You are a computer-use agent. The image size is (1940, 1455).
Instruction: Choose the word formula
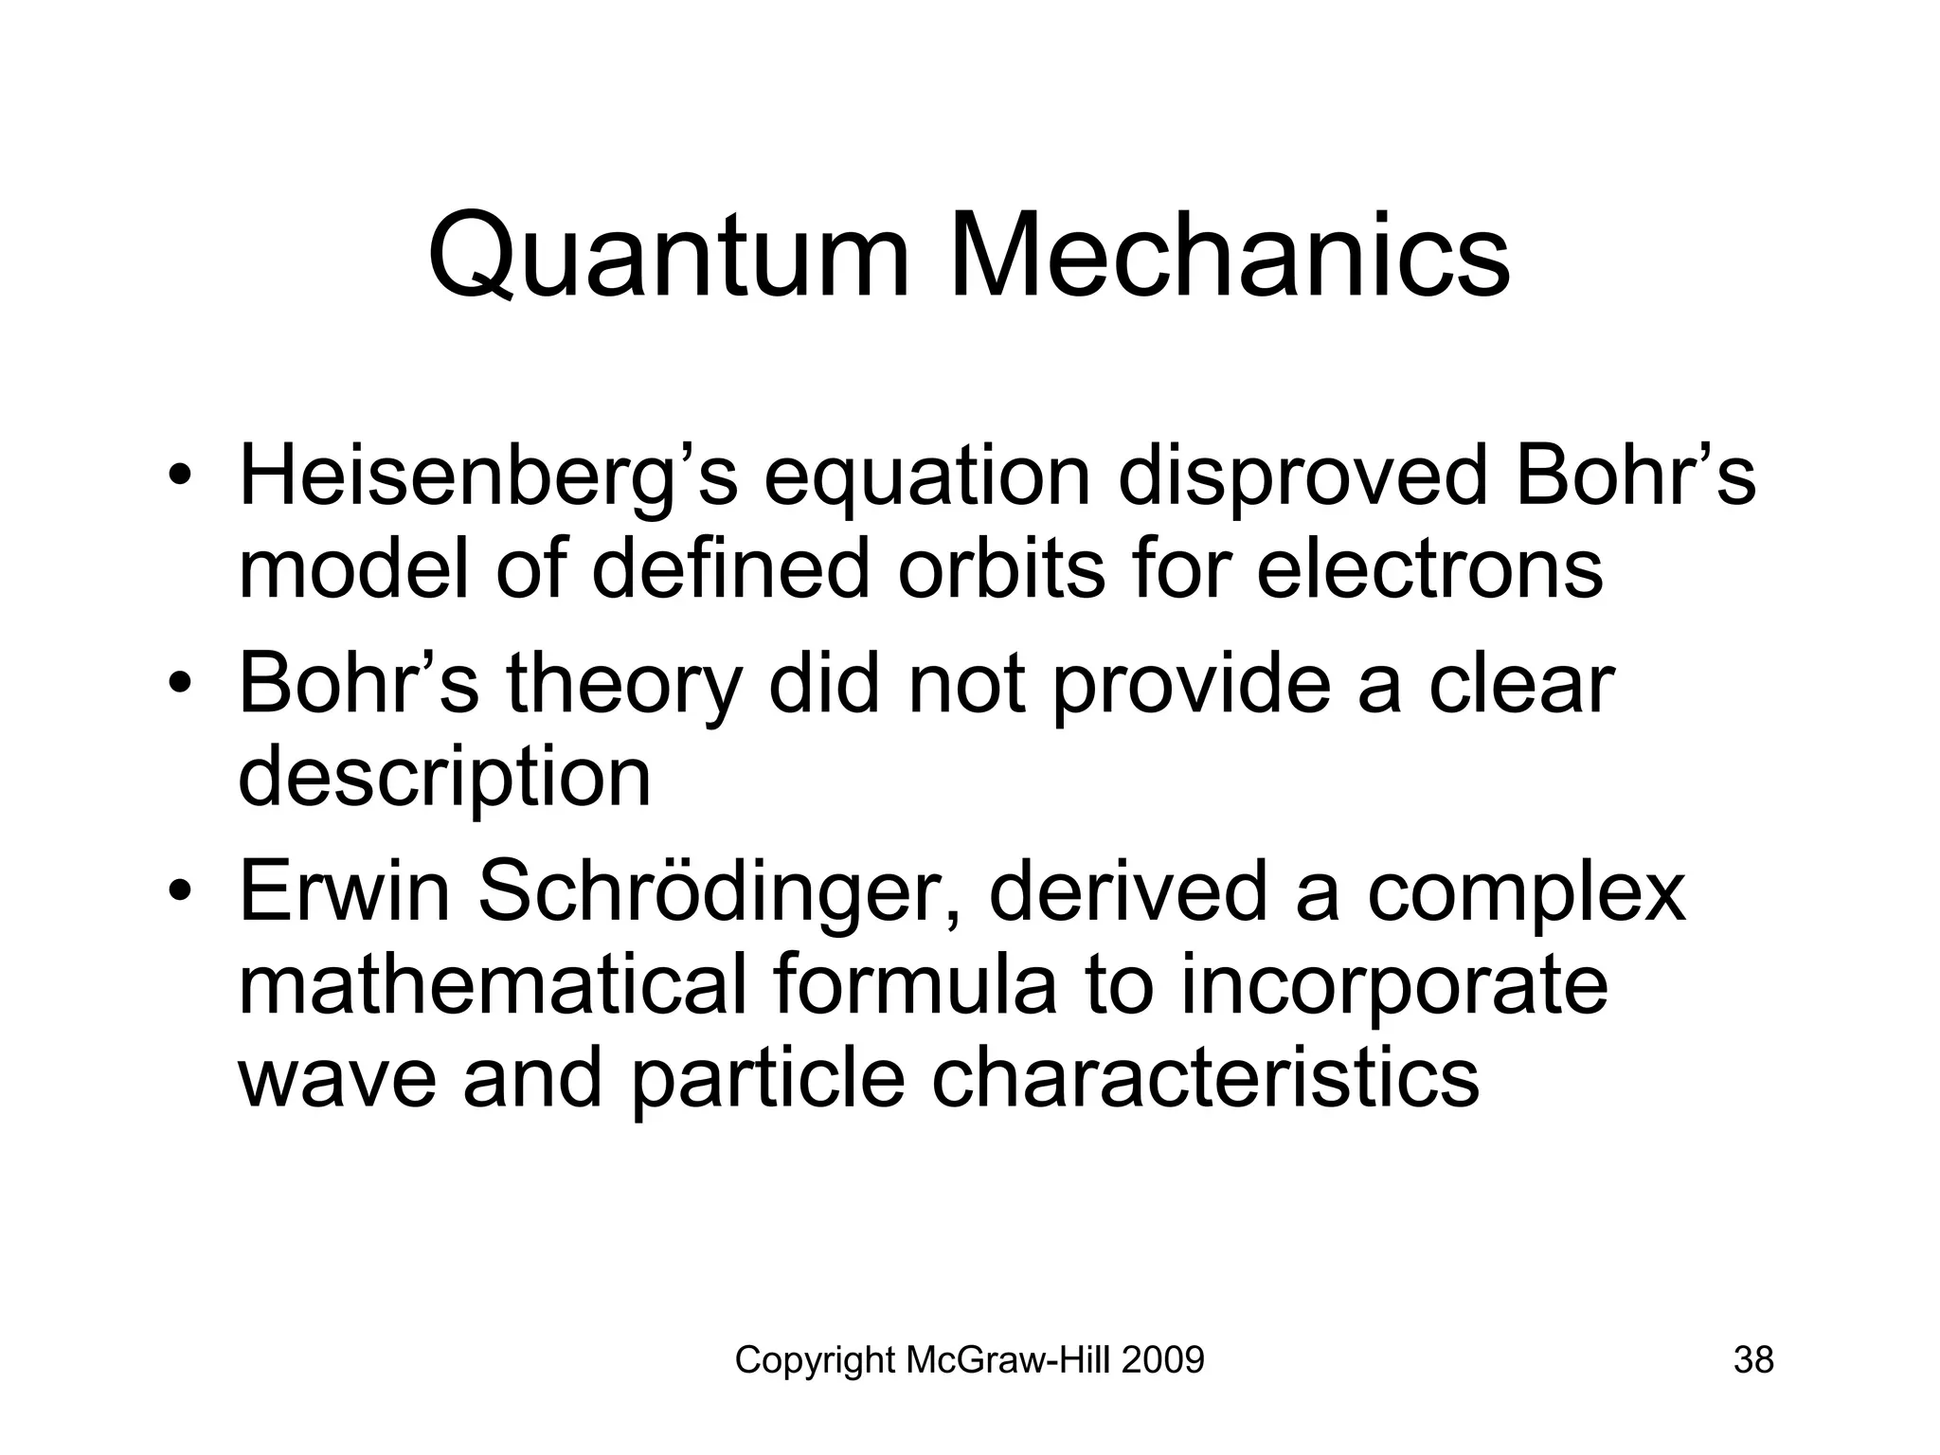point(914,985)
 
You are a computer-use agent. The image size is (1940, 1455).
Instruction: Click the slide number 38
point(1753,1360)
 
